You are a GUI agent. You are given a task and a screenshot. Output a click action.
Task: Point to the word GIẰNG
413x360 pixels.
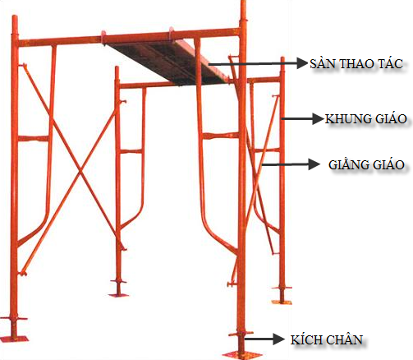click(349, 164)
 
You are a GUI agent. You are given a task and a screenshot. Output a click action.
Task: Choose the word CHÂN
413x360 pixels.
click(345, 339)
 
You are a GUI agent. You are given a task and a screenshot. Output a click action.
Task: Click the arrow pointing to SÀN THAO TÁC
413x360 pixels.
click(258, 63)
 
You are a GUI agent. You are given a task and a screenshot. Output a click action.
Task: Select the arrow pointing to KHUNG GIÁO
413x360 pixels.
click(303, 119)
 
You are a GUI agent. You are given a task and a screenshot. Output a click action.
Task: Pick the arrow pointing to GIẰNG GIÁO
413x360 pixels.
click(291, 164)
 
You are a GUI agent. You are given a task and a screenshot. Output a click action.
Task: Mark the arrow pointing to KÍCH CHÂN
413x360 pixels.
click(264, 339)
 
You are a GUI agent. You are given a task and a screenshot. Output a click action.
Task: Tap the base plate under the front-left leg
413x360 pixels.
click(15, 339)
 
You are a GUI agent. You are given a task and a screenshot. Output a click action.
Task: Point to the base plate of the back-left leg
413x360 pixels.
click(118, 295)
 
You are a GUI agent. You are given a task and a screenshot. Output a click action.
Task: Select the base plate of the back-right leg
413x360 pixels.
click(282, 302)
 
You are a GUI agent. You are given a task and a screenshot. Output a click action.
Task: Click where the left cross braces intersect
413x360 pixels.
click(80, 172)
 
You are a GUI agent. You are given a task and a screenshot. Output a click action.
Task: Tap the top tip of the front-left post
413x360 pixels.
click(15, 16)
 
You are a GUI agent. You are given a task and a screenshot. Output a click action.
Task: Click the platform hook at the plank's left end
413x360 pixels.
click(103, 38)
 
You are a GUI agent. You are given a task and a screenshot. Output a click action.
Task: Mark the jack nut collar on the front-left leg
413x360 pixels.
click(14, 319)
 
